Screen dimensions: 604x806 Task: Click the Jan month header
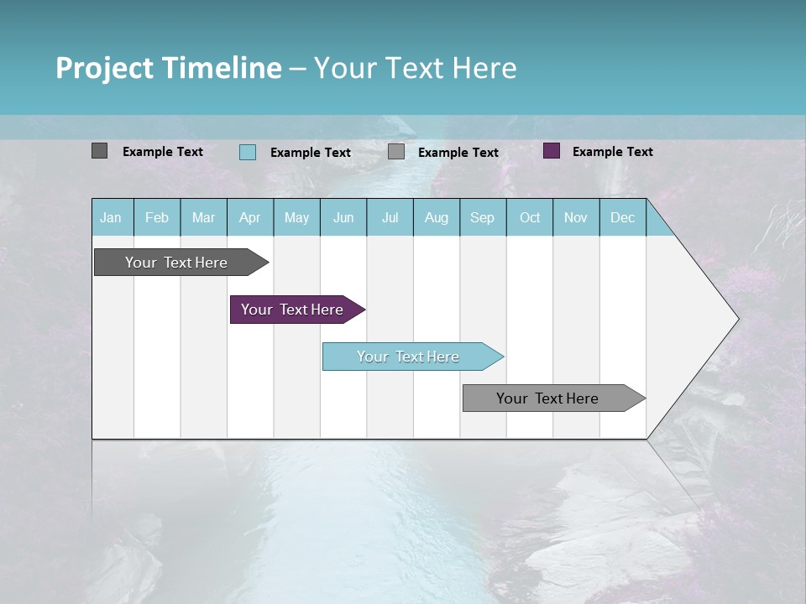(111, 217)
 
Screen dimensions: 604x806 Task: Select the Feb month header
(157, 217)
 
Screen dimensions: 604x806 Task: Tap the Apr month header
(249, 217)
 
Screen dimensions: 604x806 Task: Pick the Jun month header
(343, 217)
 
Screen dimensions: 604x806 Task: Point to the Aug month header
(436, 217)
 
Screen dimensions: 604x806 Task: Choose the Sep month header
(482, 217)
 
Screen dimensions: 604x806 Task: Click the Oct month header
(529, 217)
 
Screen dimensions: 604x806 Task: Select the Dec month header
(622, 217)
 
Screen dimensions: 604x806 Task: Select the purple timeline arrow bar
(293, 310)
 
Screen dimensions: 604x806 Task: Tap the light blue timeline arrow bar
(409, 357)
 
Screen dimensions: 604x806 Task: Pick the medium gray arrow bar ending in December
(548, 398)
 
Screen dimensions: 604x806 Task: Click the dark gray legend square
(99, 151)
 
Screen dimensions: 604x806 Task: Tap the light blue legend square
(248, 152)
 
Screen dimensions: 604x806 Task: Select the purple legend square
(552, 151)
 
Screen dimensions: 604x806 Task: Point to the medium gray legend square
(396, 152)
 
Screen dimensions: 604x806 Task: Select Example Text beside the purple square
(612, 152)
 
